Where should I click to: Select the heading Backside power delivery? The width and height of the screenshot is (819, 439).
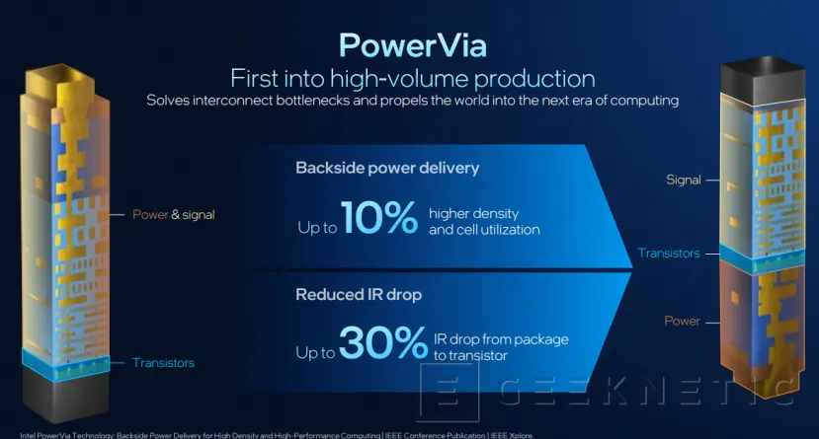(387, 168)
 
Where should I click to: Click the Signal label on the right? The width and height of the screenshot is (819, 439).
(683, 180)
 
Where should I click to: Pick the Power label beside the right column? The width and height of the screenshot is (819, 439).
(683, 321)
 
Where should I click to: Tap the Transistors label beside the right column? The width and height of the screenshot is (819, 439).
(669, 254)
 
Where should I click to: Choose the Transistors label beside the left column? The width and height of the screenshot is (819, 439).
(163, 363)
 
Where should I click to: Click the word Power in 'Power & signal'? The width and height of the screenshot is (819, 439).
(150, 213)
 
